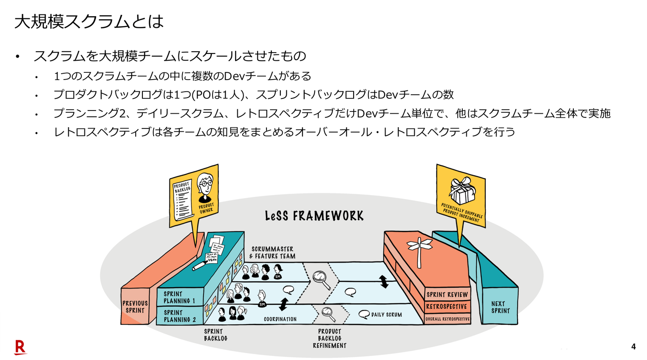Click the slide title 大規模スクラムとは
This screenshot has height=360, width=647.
tap(88, 22)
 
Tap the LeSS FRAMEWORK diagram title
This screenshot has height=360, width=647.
tap(314, 216)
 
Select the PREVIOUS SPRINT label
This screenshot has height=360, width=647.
tap(135, 307)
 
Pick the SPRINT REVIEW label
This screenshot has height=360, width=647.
tap(447, 295)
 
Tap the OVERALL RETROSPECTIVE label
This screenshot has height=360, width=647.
tap(448, 319)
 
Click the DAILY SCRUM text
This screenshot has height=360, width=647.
tap(386, 315)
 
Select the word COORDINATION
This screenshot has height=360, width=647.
tap(280, 319)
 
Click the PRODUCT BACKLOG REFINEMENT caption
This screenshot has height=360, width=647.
tap(329, 338)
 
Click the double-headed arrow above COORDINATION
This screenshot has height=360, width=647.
tap(283, 304)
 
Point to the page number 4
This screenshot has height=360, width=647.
tap(634, 347)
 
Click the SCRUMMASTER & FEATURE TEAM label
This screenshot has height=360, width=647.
tap(273, 252)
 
